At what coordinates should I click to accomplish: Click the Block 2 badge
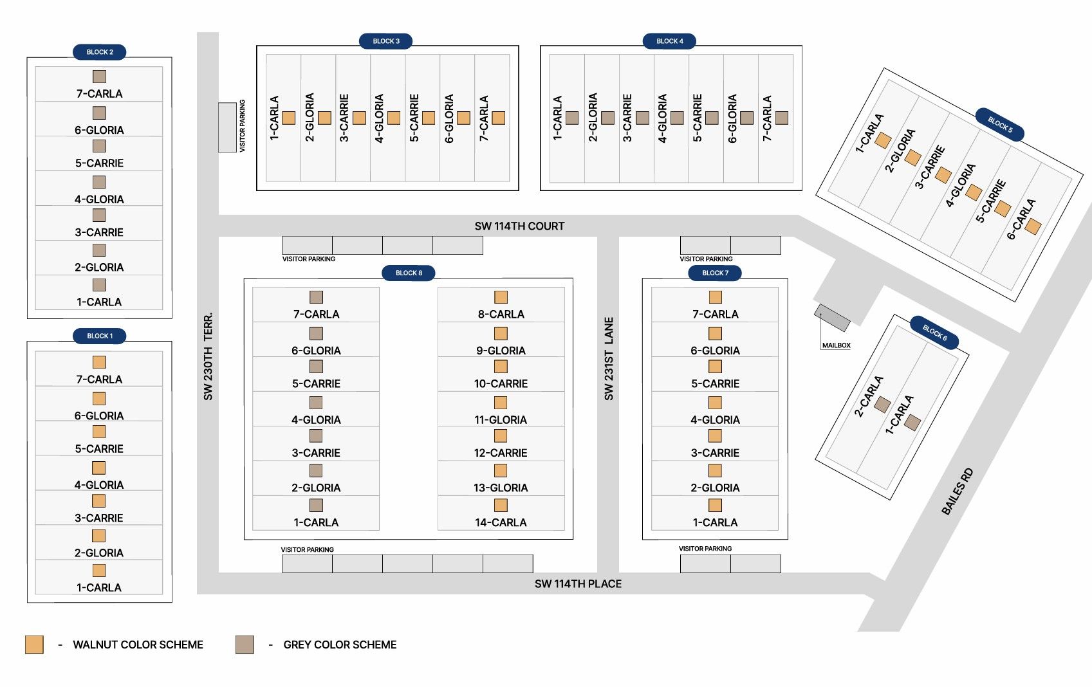(100, 52)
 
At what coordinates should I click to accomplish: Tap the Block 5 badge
(999, 125)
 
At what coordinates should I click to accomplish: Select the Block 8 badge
(409, 273)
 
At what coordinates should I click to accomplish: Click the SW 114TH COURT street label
(520, 226)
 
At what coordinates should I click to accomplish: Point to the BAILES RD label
(957, 491)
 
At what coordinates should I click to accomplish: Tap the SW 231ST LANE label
(608, 359)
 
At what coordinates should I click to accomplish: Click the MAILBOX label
(836, 345)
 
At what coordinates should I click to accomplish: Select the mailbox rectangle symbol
(832, 318)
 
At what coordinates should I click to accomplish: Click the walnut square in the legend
(34, 645)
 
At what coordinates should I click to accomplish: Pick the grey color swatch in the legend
(245, 645)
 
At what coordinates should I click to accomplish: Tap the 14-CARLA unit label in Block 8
(501, 522)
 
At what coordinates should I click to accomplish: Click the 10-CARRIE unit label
(501, 383)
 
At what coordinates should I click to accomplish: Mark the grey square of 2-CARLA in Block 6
(882, 405)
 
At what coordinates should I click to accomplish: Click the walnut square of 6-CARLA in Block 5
(1033, 226)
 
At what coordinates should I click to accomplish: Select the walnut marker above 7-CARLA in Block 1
(99, 362)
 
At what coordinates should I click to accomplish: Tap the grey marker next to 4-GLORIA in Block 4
(677, 118)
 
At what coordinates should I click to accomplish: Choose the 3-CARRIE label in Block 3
(344, 118)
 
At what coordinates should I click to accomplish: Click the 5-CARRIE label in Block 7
(715, 383)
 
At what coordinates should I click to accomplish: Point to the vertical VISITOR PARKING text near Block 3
(243, 125)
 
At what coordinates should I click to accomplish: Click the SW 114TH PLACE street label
(578, 583)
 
